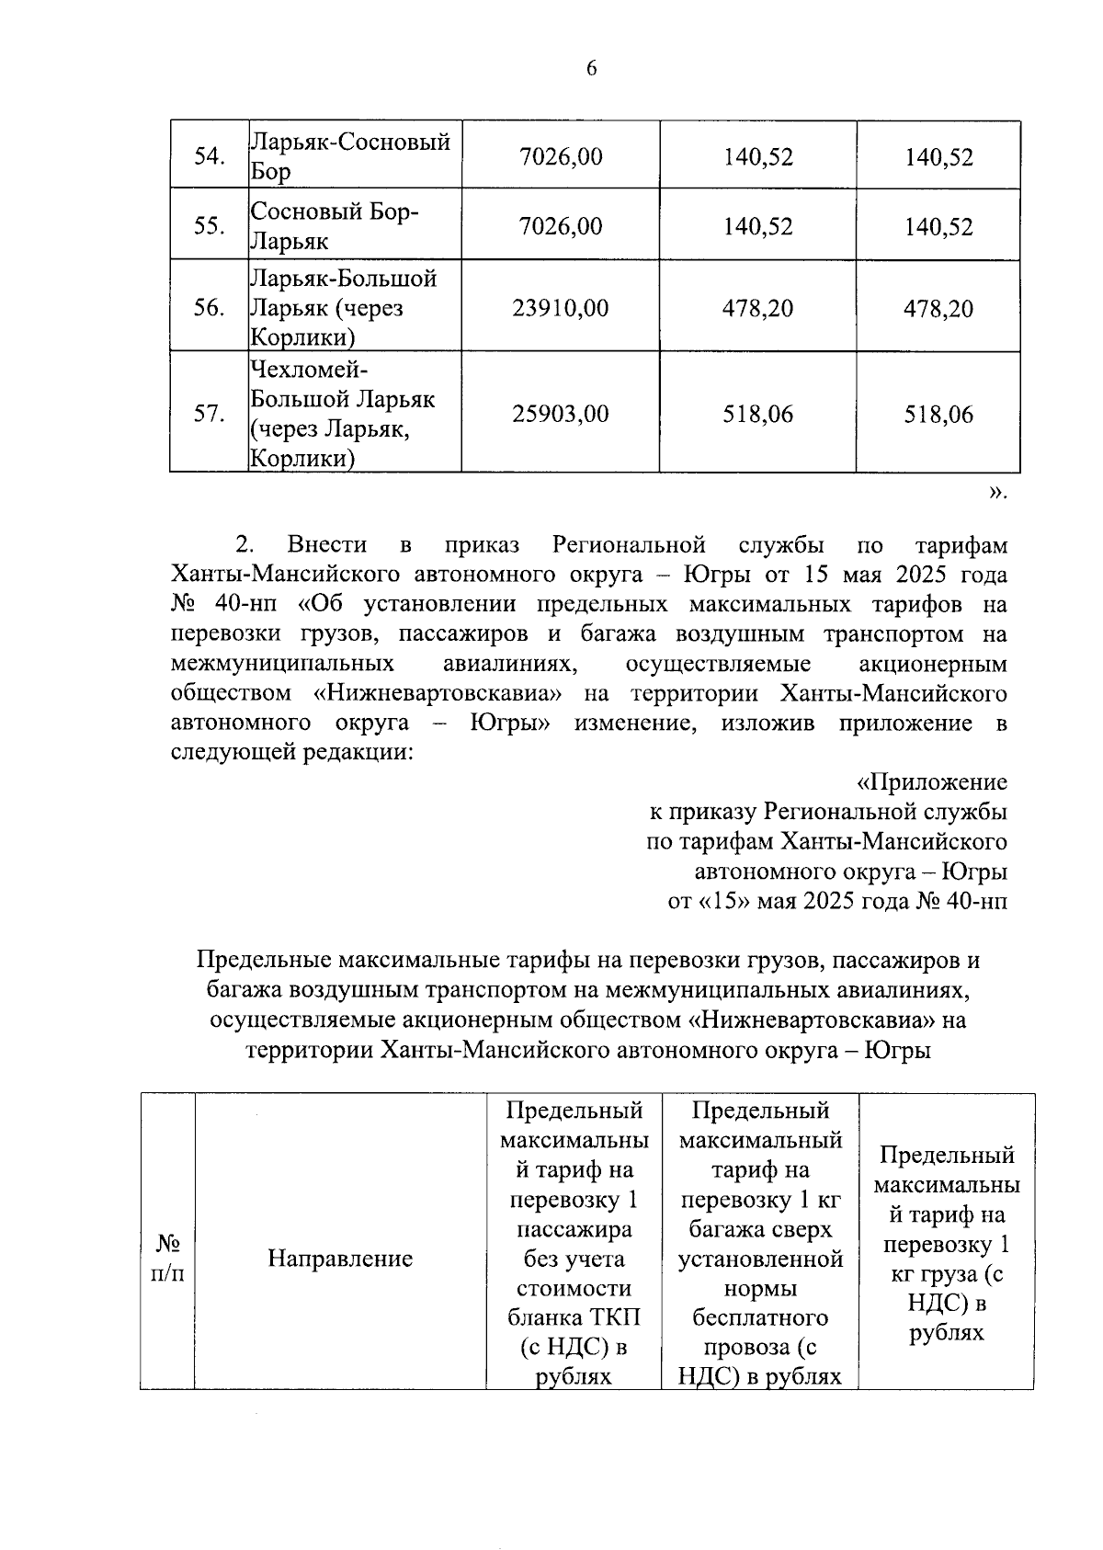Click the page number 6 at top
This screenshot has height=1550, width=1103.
tap(591, 68)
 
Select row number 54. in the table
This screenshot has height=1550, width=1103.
tap(210, 156)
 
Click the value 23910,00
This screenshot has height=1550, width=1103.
tap(560, 308)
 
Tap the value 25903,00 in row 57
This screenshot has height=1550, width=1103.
tap(560, 414)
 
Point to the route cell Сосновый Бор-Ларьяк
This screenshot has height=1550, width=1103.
tap(335, 226)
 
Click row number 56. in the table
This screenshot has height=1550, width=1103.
tap(210, 308)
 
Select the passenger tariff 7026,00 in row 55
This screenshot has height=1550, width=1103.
tap(560, 226)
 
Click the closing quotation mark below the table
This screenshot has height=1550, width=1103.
tap(997, 493)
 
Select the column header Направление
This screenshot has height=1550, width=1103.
tap(340, 1259)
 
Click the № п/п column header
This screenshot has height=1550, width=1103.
tap(167, 1258)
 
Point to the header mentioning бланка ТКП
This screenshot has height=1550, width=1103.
tap(574, 1244)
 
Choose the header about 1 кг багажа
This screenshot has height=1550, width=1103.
tap(760, 1244)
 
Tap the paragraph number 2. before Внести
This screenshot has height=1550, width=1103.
tap(244, 545)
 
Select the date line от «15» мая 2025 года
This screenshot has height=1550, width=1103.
tap(836, 901)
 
